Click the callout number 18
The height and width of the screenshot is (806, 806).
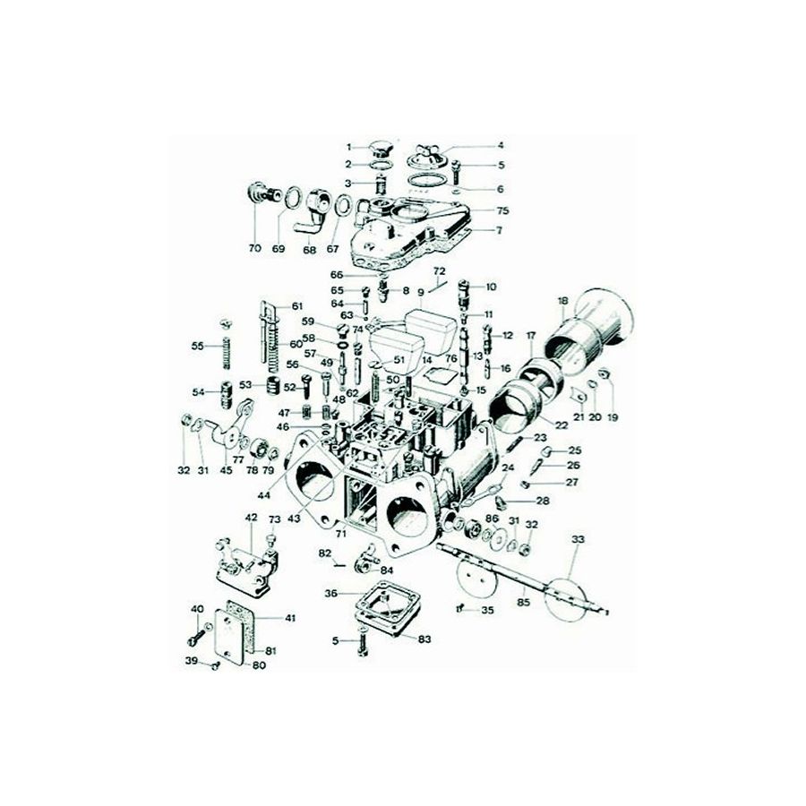point(563,300)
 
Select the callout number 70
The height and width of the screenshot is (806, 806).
point(254,248)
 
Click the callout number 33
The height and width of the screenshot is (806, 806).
point(578,539)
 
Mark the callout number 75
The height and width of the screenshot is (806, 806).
point(502,211)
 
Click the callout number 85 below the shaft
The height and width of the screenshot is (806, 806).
point(524,603)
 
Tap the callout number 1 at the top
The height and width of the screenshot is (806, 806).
point(351,146)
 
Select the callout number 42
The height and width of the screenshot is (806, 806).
point(251,518)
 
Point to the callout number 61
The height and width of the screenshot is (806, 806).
point(296,307)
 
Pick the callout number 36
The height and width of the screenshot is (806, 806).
point(330,593)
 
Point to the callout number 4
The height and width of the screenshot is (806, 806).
point(502,146)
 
